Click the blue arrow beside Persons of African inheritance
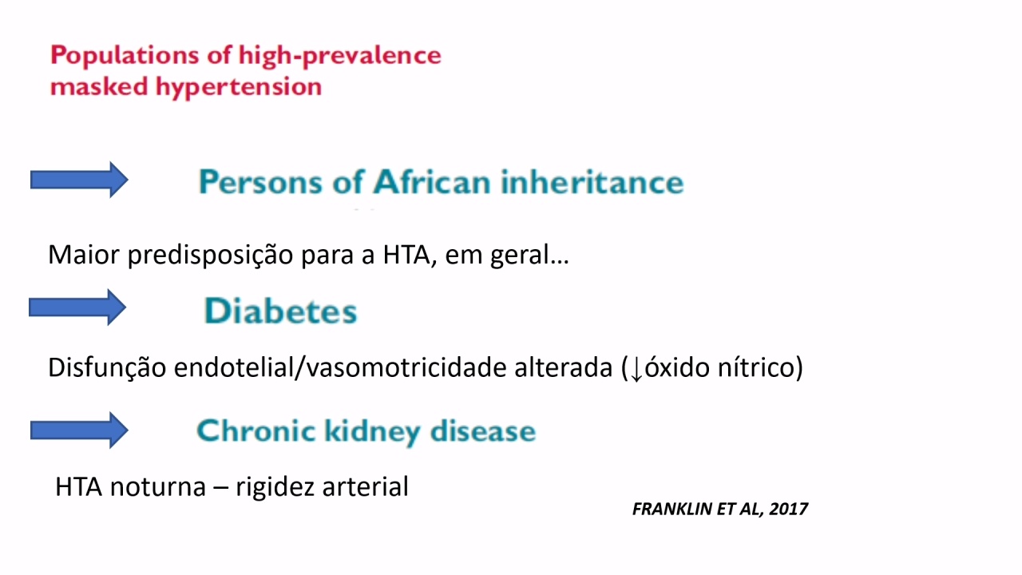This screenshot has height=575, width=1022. pos(79,180)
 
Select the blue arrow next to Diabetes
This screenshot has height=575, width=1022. pos(77,307)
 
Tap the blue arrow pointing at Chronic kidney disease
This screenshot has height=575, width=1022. pos(79,430)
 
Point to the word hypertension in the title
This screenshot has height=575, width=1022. pos(239,86)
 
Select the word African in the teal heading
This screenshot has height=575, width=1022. pos(432,182)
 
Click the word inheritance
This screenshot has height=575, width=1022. pos(592,182)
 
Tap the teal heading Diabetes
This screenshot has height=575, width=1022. pos(280,311)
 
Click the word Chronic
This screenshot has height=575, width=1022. pos(256,430)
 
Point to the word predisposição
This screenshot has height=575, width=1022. pos(210,255)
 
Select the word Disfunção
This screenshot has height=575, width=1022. pos(107,368)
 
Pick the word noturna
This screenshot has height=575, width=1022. pos(158,487)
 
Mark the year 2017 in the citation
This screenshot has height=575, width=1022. pos(789,509)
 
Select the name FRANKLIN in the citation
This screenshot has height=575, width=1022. pos(672,509)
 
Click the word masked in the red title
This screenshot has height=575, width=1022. pos(99,86)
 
